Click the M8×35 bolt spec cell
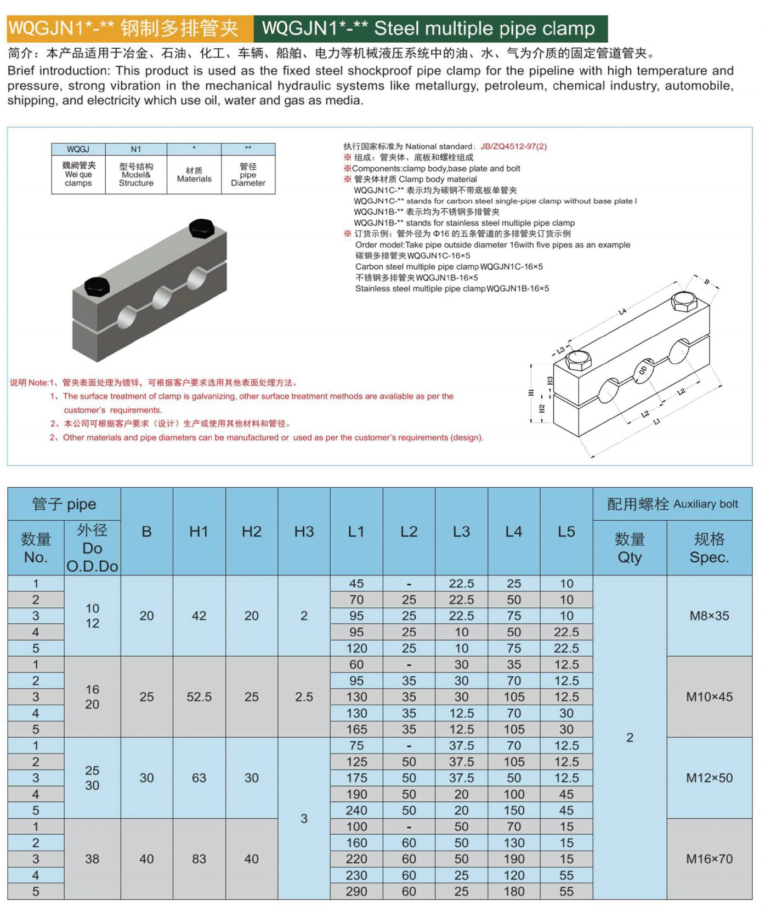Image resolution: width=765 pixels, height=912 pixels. (709, 615)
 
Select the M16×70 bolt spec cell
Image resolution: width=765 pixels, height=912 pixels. (709, 859)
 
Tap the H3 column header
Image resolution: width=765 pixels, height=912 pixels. (304, 532)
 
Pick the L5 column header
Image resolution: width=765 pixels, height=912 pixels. (566, 532)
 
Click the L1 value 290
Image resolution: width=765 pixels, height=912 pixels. (356, 891)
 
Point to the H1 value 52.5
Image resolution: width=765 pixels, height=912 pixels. (199, 697)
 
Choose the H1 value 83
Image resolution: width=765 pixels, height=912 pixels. (199, 859)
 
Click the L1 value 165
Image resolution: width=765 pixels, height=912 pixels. (356, 729)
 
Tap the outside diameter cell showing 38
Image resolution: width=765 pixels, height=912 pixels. (92, 859)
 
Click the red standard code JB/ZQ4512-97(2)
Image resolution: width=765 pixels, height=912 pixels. (513, 146)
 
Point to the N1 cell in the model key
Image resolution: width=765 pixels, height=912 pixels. (136, 149)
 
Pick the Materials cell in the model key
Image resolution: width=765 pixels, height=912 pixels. (194, 175)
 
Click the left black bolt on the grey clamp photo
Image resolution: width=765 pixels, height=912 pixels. (97, 287)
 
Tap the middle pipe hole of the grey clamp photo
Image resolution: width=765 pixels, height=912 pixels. (162, 298)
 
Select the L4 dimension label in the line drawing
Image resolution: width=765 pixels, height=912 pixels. (622, 312)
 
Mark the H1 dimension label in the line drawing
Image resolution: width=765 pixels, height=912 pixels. (530, 392)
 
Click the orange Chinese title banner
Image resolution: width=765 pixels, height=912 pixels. (130, 29)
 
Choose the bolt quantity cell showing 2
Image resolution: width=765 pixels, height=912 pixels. (630, 737)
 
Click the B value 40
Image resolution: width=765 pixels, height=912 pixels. (146, 859)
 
